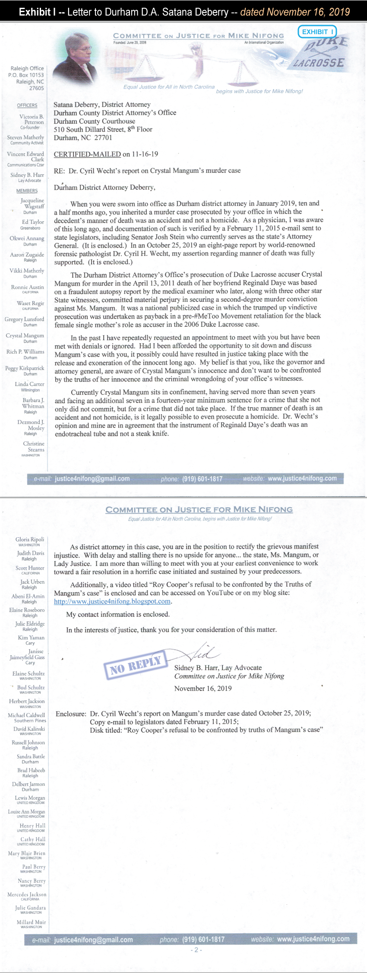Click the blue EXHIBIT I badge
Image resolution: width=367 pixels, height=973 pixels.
317,32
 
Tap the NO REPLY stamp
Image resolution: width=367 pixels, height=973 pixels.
135,664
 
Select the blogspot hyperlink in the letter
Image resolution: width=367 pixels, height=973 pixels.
112,601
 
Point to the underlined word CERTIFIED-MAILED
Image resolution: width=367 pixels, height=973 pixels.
87,154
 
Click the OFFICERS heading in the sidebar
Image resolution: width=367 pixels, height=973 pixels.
27,105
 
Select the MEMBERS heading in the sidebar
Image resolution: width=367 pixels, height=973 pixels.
27,191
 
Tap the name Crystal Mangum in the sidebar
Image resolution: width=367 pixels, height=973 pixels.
25,335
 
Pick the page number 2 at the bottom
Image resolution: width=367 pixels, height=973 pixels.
196,950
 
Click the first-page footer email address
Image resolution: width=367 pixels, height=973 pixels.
92,479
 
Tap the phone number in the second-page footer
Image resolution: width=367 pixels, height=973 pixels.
203,939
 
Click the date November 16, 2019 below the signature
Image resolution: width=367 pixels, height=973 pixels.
203,689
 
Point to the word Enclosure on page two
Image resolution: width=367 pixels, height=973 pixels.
71,714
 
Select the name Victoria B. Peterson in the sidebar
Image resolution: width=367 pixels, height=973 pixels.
31,119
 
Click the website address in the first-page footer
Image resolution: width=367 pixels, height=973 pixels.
302,478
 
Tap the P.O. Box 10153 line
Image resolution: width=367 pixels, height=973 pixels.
26,75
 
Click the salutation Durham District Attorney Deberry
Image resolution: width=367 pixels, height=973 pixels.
104,188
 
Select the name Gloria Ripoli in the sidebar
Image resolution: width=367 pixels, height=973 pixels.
30,539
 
